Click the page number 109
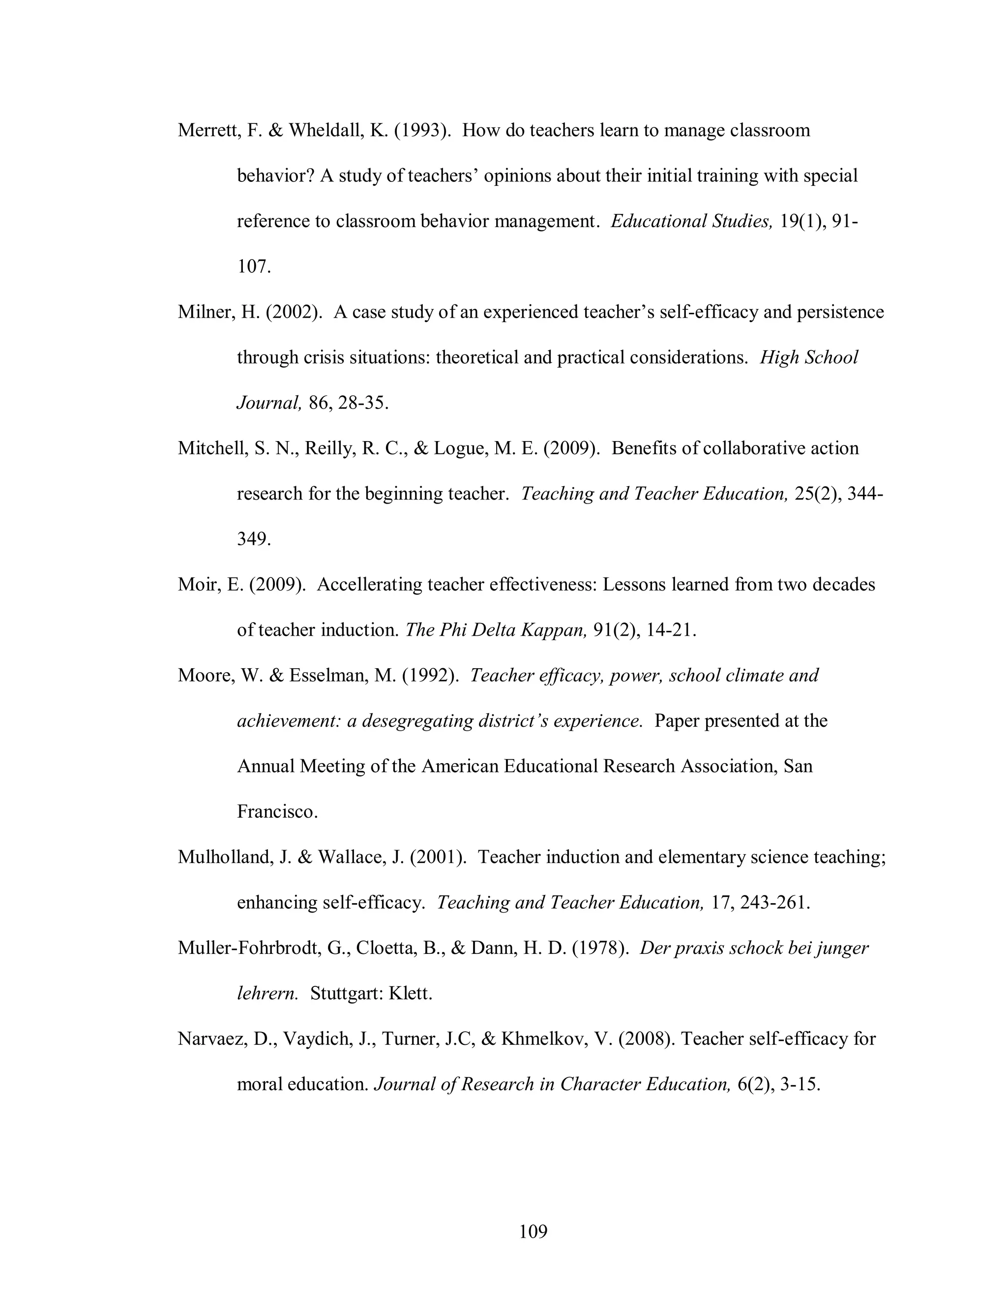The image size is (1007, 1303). coord(533,1231)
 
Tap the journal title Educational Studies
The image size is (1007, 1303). coord(691,221)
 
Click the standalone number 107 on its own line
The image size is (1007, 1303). coord(254,267)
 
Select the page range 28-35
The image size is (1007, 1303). coord(363,403)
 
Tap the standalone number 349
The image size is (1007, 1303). coord(254,539)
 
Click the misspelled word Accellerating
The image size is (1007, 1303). coord(370,585)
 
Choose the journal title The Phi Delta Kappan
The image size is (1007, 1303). coord(496,630)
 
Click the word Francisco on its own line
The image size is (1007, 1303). coord(277,812)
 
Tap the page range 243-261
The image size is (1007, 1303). coord(774,903)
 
